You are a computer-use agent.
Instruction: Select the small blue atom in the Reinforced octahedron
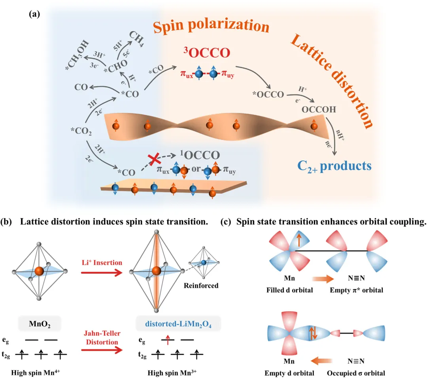tap(203, 262)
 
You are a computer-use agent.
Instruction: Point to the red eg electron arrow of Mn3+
tap(168, 339)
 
